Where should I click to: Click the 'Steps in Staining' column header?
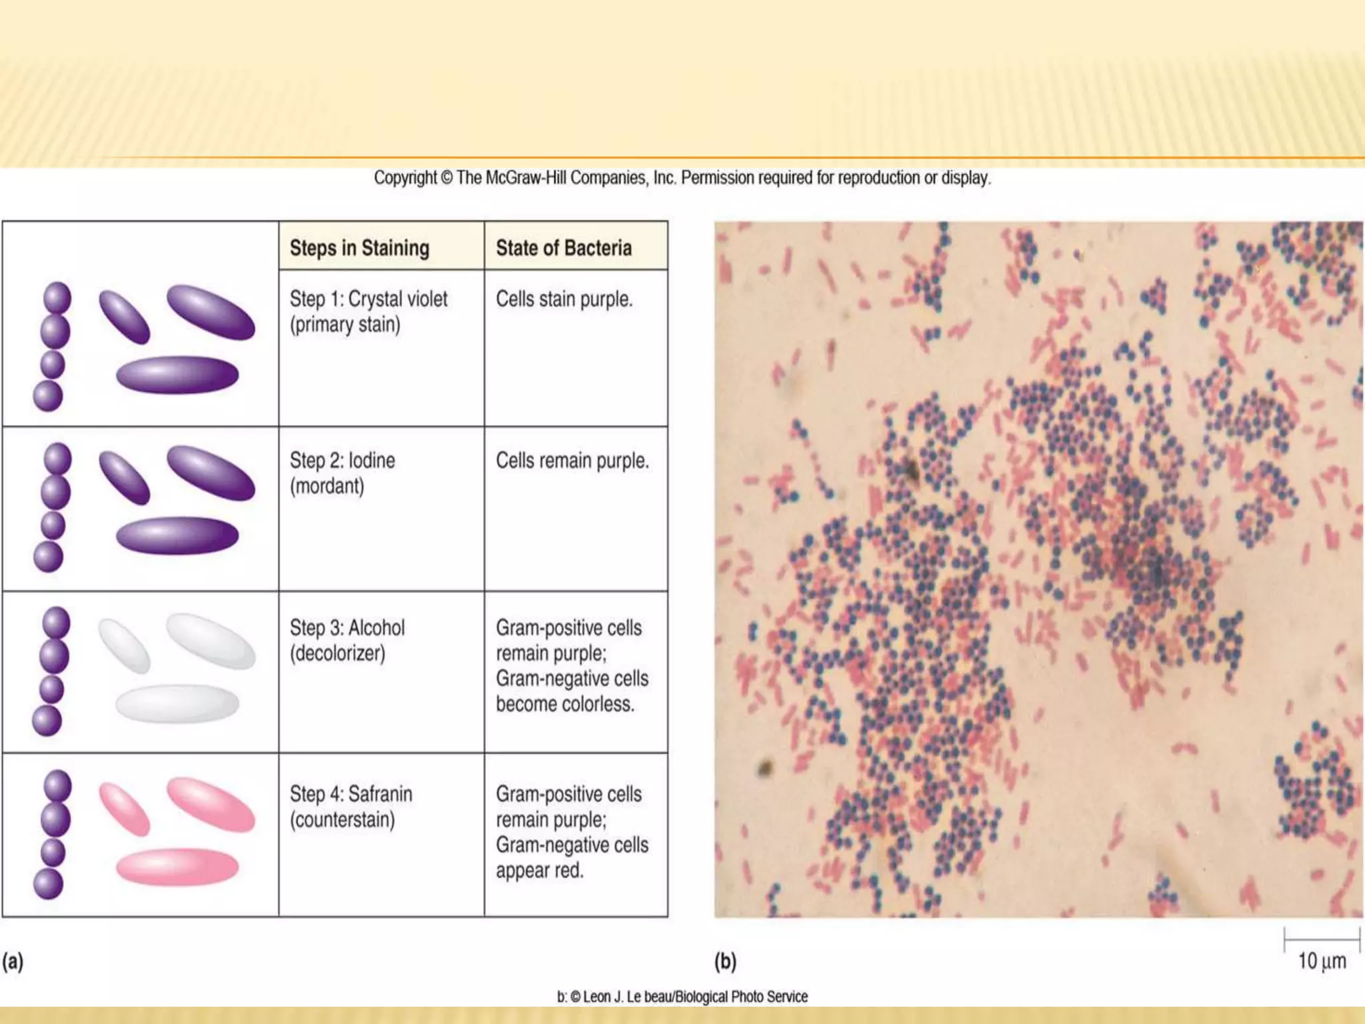pyautogui.click(x=359, y=248)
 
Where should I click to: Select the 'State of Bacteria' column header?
pyautogui.click(x=563, y=248)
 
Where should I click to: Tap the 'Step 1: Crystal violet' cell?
pyautogui.click(x=369, y=311)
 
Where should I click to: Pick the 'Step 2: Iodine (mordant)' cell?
pyautogui.click(x=343, y=473)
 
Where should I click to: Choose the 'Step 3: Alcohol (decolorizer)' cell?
pyautogui.click(x=347, y=640)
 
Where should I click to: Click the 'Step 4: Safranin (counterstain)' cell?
pyautogui.click(x=351, y=807)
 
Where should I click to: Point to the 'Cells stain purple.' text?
pyautogui.click(x=564, y=299)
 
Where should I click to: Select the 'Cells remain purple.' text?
pyautogui.click(x=572, y=461)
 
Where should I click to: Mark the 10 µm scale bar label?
pyautogui.click(x=1322, y=961)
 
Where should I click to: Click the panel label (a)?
pyautogui.click(x=13, y=961)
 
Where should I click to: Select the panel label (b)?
pyautogui.click(x=725, y=961)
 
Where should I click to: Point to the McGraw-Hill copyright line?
pyautogui.click(x=682, y=178)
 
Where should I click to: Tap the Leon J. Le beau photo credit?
pyautogui.click(x=682, y=997)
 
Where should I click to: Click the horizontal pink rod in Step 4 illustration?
pyautogui.click(x=177, y=867)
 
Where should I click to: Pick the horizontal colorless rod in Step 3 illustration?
pyautogui.click(x=177, y=703)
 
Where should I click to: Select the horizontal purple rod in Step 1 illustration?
pyautogui.click(x=177, y=375)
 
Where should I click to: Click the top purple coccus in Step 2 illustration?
pyautogui.click(x=57, y=459)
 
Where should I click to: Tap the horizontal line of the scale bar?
pyautogui.click(x=1322, y=939)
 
